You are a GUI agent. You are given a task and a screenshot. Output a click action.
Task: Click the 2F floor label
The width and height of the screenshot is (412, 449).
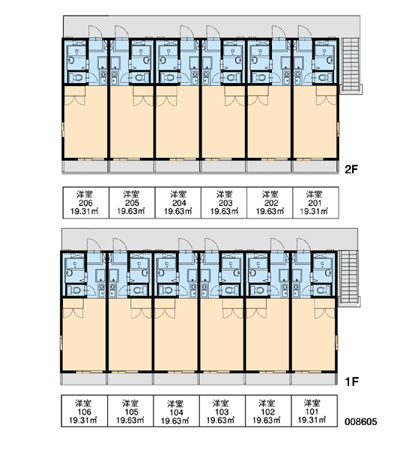351,170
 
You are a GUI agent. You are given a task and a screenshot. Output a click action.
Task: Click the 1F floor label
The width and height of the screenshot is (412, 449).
351,382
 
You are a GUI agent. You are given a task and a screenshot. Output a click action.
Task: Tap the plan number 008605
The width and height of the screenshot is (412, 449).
360,422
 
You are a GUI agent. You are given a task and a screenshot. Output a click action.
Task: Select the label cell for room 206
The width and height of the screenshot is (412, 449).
85,203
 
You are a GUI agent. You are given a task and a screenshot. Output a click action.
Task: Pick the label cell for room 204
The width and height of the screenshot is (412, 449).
178,203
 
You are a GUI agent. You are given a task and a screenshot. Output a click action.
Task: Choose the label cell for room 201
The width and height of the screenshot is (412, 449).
315,203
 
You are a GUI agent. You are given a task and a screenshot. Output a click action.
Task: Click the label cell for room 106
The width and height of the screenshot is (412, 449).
85,411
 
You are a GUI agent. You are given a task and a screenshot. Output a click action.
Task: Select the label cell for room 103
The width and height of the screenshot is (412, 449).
222,411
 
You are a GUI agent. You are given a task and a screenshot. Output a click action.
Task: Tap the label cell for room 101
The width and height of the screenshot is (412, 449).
314,411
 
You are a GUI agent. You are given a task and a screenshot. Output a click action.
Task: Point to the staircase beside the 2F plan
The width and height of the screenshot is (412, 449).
351,66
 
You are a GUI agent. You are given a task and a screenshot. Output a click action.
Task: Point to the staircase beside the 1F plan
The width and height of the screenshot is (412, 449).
349,278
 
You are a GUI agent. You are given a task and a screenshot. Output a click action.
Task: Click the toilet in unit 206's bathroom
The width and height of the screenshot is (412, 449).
76,77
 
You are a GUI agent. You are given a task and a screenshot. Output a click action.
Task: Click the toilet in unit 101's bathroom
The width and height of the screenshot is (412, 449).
323,290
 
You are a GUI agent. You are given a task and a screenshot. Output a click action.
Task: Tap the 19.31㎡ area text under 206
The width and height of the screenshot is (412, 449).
85,212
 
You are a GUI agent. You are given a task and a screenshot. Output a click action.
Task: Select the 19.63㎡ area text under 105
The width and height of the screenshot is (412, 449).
130,421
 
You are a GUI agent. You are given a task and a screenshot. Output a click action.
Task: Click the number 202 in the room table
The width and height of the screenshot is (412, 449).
271,203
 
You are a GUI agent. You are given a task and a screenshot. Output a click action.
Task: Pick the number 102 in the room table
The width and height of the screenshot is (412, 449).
267,412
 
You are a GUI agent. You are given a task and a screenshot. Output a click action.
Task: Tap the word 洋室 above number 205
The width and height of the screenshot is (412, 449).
131,195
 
